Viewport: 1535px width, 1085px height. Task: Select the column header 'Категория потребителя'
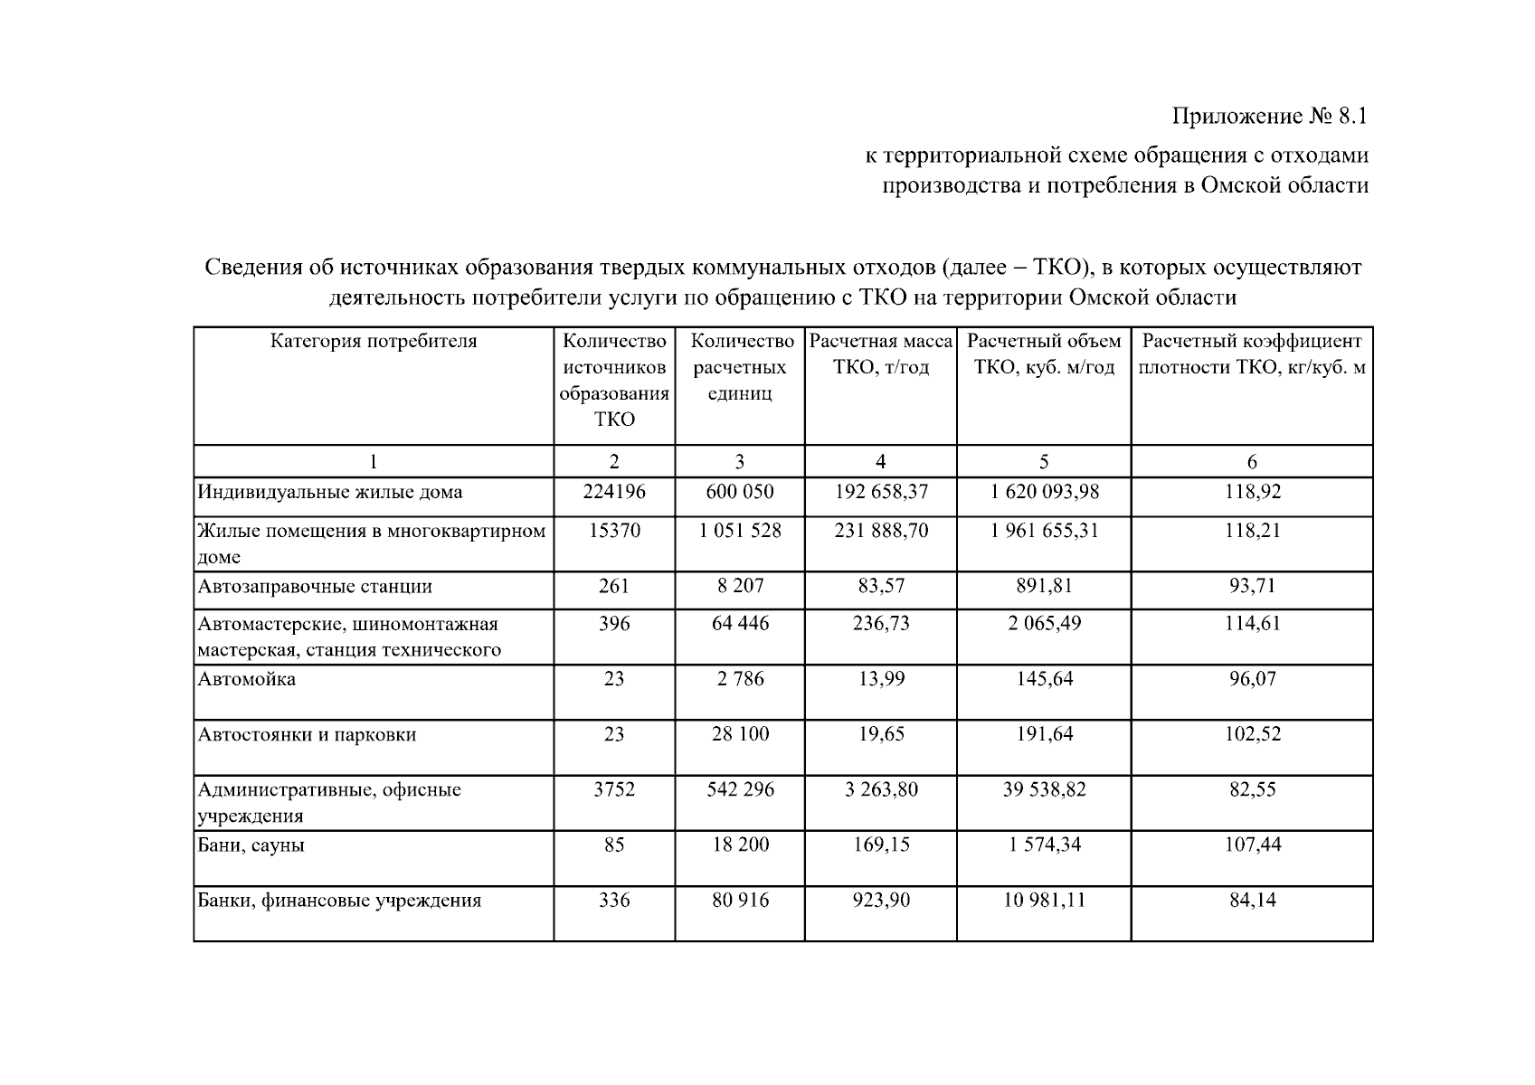click(373, 342)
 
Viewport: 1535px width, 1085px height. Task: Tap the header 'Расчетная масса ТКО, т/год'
click(880, 354)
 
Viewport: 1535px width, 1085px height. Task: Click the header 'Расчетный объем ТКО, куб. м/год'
click(1044, 354)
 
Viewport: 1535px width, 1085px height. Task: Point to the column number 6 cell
click(1252, 462)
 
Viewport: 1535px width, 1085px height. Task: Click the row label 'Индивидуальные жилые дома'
click(330, 493)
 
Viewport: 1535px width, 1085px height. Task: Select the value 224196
click(614, 493)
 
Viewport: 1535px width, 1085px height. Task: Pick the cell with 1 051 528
click(739, 531)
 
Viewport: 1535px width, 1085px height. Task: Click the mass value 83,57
click(881, 586)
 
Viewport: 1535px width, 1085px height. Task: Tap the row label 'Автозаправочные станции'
click(315, 587)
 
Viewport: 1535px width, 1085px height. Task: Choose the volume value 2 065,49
click(1044, 624)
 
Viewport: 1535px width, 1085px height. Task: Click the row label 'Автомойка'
click(247, 680)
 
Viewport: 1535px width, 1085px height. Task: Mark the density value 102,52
click(1253, 734)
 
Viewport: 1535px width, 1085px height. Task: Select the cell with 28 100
click(740, 734)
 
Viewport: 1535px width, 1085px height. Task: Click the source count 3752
click(614, 790)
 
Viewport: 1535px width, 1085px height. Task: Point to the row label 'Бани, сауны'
click(251, 845)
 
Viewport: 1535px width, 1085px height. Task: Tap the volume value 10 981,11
click(1044, 901)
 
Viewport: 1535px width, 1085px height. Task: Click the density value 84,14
click(1253, 901)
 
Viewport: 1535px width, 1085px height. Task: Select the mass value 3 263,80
click(881, 790)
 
